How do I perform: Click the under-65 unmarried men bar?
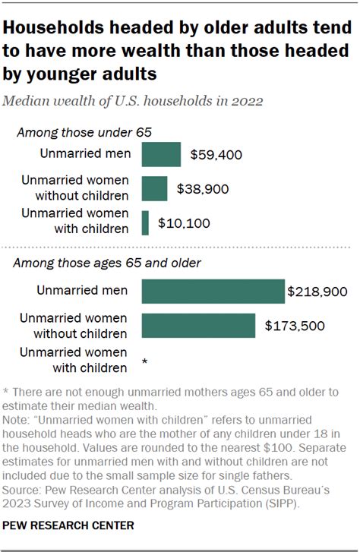161,155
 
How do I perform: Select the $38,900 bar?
154,188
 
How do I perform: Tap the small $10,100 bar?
145,223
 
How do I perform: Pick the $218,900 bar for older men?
213,292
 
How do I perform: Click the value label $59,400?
215,156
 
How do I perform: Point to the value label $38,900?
202,189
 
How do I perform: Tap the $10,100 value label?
184,224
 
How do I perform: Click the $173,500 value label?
295,326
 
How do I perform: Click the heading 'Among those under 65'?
84,132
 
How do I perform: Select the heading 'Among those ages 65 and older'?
110,263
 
